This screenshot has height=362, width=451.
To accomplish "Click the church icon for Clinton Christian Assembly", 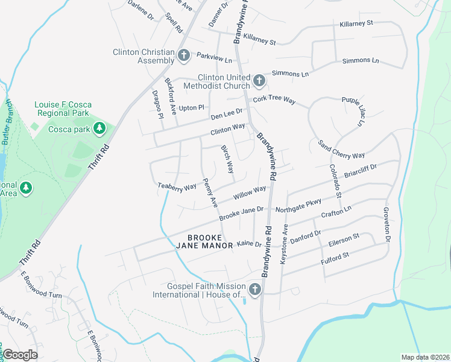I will click(x=184, y=56).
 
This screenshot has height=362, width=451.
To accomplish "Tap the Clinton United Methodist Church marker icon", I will click(x=259, y=81).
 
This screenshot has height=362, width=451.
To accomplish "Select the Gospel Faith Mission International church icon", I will click(x=254, y=290).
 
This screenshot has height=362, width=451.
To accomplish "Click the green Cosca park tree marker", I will click(x=100, y=129).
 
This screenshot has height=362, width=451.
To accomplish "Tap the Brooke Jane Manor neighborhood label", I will click(x=204, y=241).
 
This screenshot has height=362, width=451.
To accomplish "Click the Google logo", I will click(x=20, y=355).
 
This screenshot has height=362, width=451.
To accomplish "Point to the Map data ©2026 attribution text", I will click(x=424, y=357).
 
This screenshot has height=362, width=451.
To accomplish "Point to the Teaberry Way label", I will click(x=177, y=186).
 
